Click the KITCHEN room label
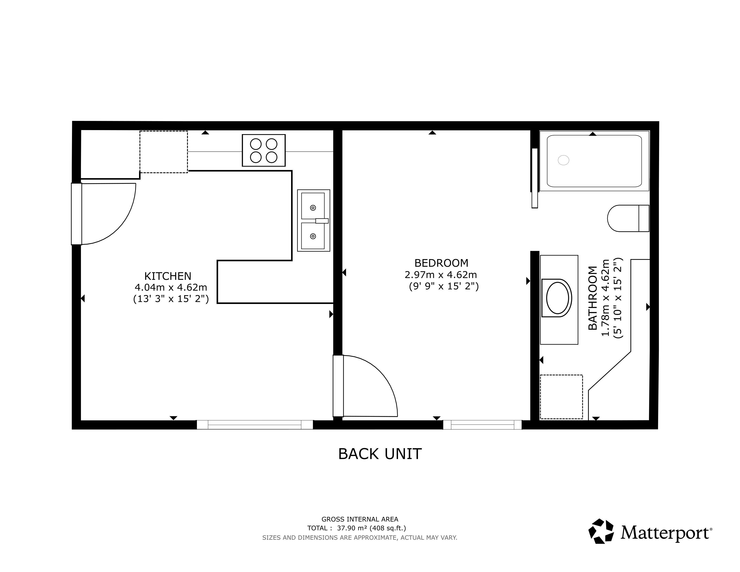click(168, 276)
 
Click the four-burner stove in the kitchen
click(264, 151)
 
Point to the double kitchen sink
click(313, 221)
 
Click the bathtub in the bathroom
click(594, 161)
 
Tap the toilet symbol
click(628, 218)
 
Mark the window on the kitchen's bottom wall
click(255, 425)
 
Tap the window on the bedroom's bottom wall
click(483, 425)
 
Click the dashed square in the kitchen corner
click(164, 152)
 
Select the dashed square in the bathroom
click(561, 397)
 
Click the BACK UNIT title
click(380, 454)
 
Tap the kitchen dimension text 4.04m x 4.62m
click(171, 287)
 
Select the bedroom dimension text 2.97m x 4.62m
click(441, 275)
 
